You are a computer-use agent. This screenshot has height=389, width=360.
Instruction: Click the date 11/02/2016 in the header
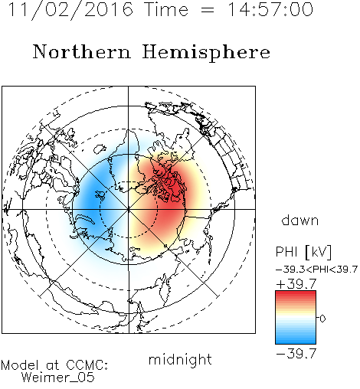[70, 10]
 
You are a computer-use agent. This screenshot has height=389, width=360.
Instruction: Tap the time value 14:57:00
[270, 9]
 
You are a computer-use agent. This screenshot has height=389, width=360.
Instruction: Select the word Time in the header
[166, 9]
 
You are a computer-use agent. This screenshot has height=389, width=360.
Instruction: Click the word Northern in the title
[82, 51]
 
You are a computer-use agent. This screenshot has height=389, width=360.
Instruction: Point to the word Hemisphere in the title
[206, 53]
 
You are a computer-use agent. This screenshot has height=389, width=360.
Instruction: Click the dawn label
[300, 220]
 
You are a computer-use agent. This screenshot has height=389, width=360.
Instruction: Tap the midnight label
[180, 359]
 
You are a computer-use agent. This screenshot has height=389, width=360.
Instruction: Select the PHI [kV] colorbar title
[303, 252]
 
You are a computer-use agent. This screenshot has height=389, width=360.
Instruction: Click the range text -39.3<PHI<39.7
[316, 270]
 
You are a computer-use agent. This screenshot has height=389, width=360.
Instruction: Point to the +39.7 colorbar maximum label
[296, 284]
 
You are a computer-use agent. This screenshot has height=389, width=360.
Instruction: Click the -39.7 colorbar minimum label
[296, 354]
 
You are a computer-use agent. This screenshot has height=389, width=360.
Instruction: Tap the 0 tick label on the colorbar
[322, 319]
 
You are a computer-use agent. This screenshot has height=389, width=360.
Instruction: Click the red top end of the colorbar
[296, 293]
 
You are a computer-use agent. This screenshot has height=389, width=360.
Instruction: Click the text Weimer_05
[58, 378]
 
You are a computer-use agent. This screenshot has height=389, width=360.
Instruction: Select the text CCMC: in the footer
[87, 365]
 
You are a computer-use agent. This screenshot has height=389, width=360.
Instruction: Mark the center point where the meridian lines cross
[128, 210]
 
